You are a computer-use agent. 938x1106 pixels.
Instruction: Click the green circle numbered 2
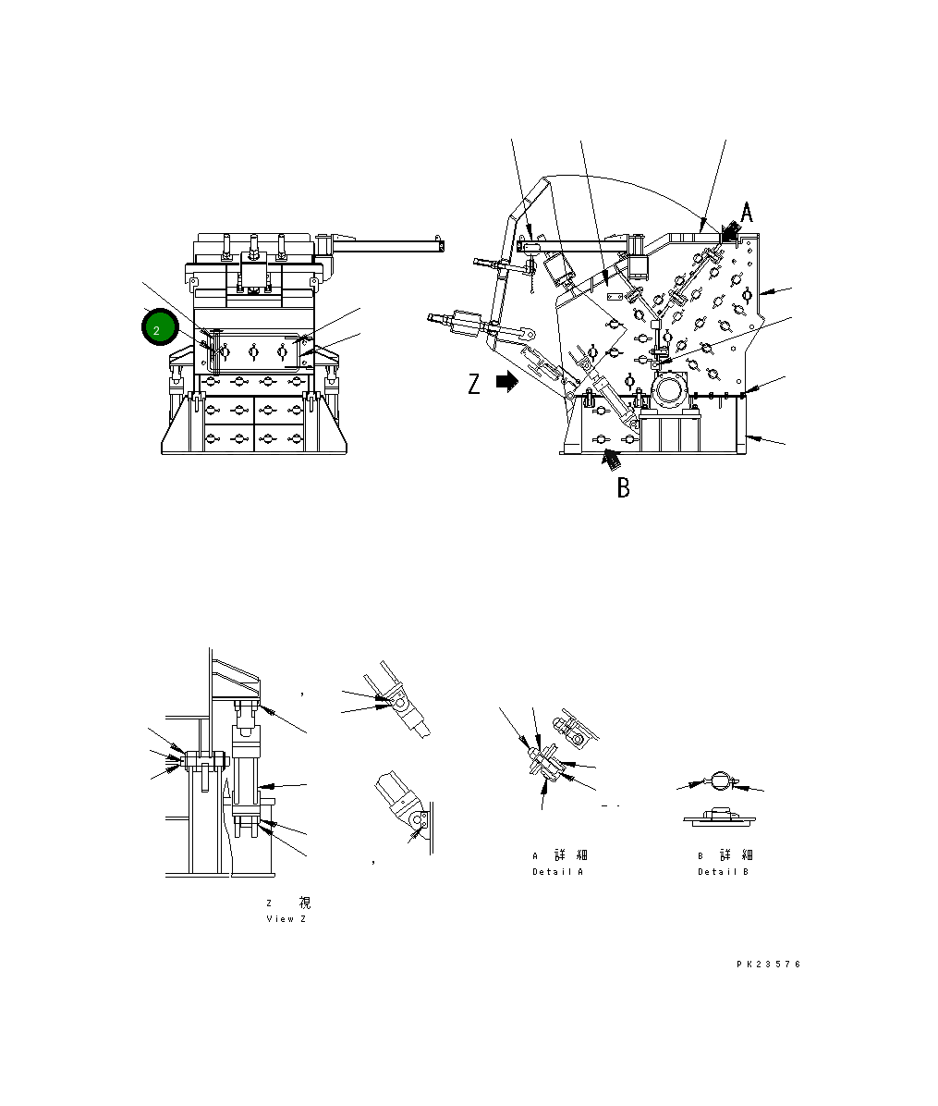[156, 328]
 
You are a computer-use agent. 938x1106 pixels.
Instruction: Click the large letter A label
[747, 214]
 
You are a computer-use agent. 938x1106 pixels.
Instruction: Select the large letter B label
[624, 487]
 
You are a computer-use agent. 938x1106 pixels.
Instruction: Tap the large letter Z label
[474, 384]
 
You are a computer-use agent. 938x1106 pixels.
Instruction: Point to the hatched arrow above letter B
[611, 456]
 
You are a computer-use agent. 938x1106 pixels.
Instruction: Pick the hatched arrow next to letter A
[729, 231]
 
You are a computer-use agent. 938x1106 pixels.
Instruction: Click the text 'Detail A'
[557, 872]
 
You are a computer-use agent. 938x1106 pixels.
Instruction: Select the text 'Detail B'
[723, 872]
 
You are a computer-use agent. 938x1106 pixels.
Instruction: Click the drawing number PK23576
[768, 964]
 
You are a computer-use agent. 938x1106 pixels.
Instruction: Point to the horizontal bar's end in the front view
[443, 246]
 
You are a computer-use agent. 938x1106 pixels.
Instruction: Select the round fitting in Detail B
[719, 781]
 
